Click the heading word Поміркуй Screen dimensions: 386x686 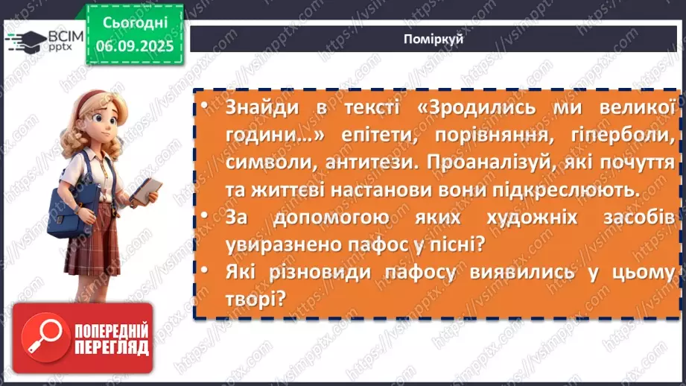pyautogui.click(x=437, y=39)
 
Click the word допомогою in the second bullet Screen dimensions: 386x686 pyautogui.click(x=337, y=218)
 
